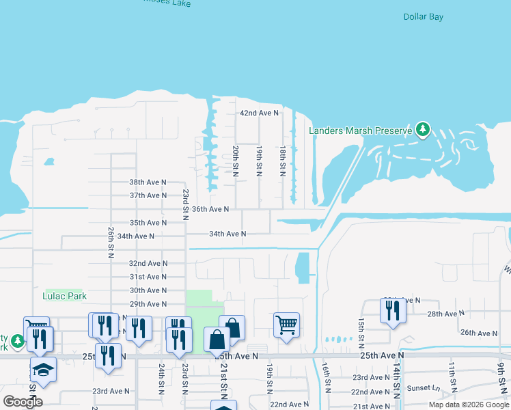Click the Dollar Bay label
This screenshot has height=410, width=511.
(x=424, y=17)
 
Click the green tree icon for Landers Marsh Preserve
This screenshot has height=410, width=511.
(x=423, y=128)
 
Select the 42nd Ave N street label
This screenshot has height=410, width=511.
(x=259, y=113)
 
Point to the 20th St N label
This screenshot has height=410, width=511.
(x=235, y=161)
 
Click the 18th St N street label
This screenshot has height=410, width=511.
(x=282, y=161)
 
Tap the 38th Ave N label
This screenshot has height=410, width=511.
(x=148, y=182)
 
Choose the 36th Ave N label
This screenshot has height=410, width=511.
(x=210, y=209)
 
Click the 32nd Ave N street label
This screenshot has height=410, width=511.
(x=148, y=264)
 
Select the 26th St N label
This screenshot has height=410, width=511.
(x=110, y=241)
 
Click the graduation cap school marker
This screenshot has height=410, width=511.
(x=43, y=369)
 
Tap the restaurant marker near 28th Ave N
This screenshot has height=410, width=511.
(x=393, y=311)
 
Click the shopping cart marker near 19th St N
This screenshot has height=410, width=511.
(x=286, y=325)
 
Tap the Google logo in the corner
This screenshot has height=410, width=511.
(x=23, y=402)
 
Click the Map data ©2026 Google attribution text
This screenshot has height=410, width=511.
(x=469, y=405)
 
